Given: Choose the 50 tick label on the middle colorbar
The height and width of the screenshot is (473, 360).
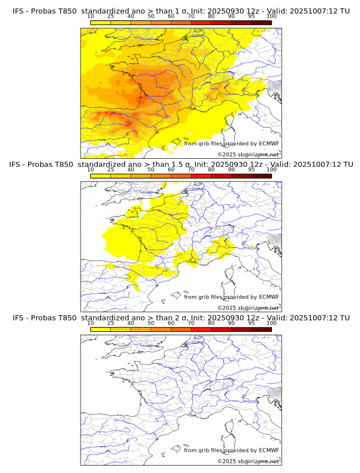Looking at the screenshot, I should (151, 170).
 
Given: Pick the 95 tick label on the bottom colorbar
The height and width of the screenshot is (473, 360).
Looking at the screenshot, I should (251, 323).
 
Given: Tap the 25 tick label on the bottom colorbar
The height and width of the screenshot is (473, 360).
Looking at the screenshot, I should (111, 323).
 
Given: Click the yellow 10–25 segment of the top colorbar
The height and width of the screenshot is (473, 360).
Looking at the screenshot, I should (101, 22).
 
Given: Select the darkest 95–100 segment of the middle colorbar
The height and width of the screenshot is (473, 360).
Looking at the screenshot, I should (261, 176).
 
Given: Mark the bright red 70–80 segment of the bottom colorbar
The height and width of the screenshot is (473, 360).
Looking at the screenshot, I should (201, 329).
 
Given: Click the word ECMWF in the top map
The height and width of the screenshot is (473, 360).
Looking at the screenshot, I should (269, 143).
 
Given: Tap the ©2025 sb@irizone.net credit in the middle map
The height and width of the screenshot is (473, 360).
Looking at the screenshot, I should (248, 307).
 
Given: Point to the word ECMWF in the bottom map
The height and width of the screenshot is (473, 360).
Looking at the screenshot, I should (269, 450).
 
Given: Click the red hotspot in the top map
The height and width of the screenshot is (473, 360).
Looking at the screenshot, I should (127, 122).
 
